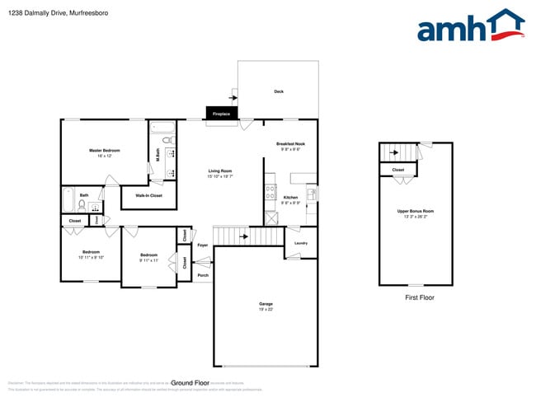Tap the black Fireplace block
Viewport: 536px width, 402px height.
pos(221,114)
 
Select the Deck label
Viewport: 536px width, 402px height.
pos(279,91)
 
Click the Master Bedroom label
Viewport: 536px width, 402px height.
pos(105,152)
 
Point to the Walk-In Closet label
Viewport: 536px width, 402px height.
pos(148,195)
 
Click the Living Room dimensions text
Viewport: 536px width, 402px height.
pos(220,176)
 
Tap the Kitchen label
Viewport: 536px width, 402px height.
pos(290,198)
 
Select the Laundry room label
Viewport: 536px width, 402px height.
pos(300,243)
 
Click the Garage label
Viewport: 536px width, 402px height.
pos(266,305)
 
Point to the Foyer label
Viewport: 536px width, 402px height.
pos(202,245)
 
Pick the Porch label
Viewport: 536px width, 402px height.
pos(203,275)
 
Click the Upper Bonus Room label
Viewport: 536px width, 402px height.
pos(416,212)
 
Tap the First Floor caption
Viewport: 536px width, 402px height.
pos(419,297)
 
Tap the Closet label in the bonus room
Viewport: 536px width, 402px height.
pos(398,170)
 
